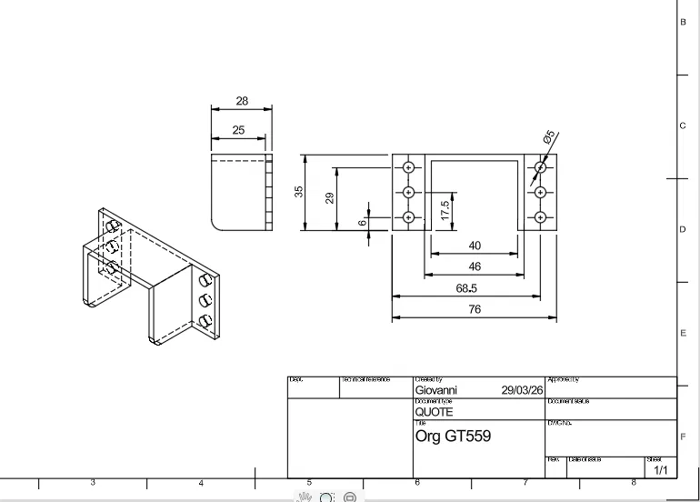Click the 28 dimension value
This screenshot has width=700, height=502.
[241, 101]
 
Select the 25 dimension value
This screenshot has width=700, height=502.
[238, 130]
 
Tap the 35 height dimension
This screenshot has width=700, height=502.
[298, 192]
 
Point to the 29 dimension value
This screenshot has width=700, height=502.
[330, 197]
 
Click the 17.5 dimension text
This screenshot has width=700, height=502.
[445, 210]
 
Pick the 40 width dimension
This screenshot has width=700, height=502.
[475, 246]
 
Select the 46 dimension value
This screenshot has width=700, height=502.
[475, 266]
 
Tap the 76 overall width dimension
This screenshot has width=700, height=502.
[475, 309]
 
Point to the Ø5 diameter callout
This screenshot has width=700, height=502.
[549, 137]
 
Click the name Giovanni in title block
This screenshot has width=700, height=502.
[436, 390]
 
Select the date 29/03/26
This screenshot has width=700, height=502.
[522, 390]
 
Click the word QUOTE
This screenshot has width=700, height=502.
[434, 412]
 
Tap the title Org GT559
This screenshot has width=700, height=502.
[453, 436]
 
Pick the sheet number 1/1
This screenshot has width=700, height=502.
[660, 470]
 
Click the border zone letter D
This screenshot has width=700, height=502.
[683, 230]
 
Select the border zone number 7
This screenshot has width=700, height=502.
[525, 482]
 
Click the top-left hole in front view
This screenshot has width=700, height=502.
[408, 167]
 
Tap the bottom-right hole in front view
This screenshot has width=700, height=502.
[541, 216]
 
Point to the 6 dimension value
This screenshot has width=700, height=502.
[362, 222]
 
